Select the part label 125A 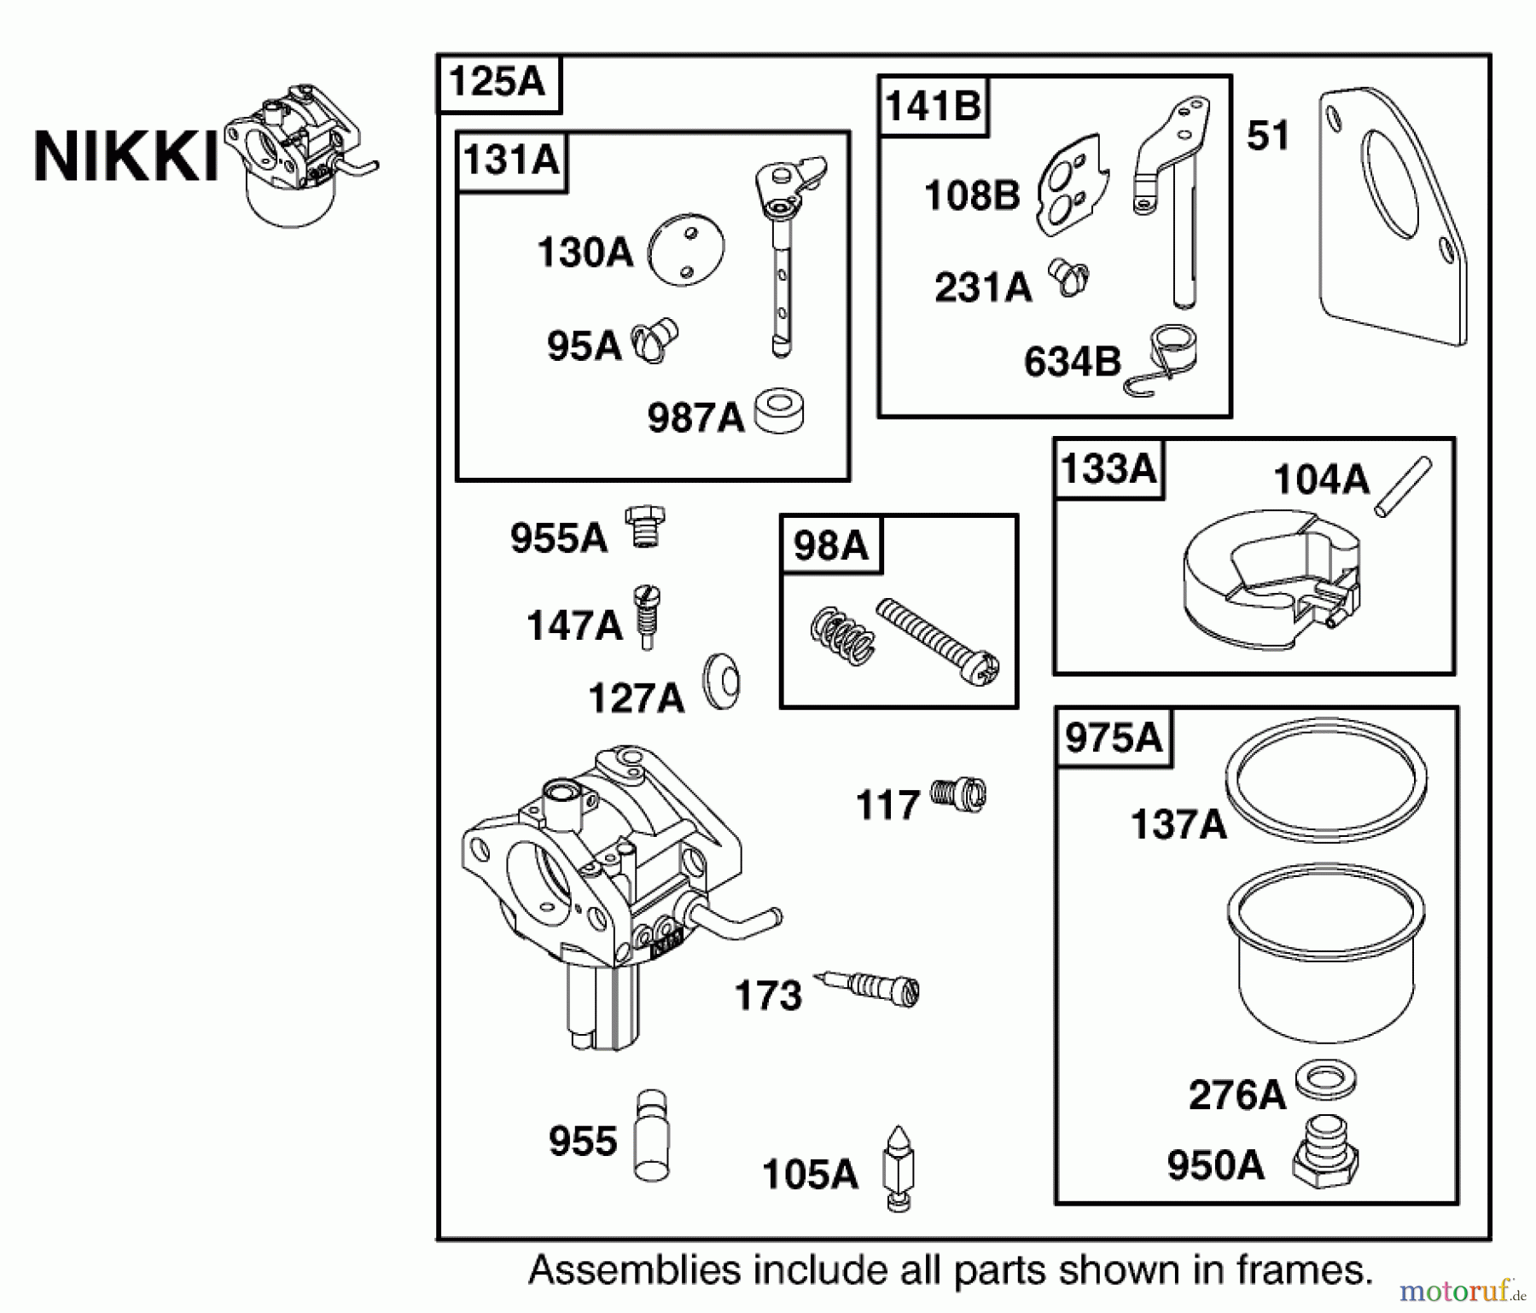point(497,83)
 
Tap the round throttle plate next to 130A point(686,248)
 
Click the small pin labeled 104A point(1402,486)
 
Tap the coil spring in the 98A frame point(842,634)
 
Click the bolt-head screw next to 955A point(644,526)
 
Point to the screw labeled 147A point(647,616)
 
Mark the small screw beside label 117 point(958,794)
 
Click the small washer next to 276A point(1325,1082)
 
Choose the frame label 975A point(1114,737)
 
